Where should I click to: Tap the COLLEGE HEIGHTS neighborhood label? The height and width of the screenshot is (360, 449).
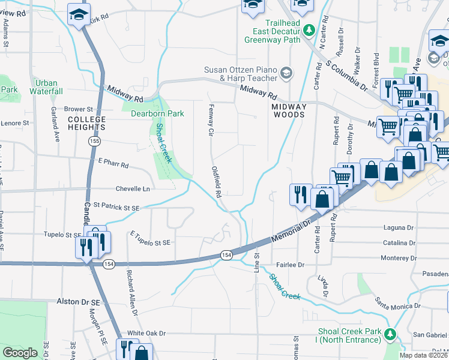(86, 123)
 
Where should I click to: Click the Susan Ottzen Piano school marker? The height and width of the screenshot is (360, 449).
(286, 73)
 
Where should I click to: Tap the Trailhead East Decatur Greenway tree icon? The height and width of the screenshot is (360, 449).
(310, 29)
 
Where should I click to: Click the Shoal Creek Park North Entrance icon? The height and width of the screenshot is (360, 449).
(390, 334)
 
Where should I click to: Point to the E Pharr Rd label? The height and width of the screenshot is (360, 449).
(113, 163)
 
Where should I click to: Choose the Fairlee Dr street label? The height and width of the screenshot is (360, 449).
(291, 265)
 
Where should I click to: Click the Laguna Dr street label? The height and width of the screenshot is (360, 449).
(399, 228)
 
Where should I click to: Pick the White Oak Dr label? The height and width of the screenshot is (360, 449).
(146, 333)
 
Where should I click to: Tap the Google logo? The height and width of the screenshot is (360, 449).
(20, 353)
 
